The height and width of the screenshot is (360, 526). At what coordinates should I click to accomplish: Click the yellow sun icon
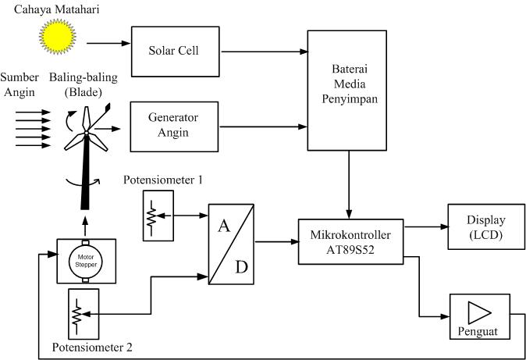click(x=55, y=37)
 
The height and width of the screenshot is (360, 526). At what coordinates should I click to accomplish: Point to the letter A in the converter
click(x=224, y=226)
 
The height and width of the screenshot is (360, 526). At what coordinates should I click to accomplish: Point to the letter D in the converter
click(x=243, y=267)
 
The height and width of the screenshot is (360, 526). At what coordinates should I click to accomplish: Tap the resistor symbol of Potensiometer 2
click(x=77, y=313)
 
